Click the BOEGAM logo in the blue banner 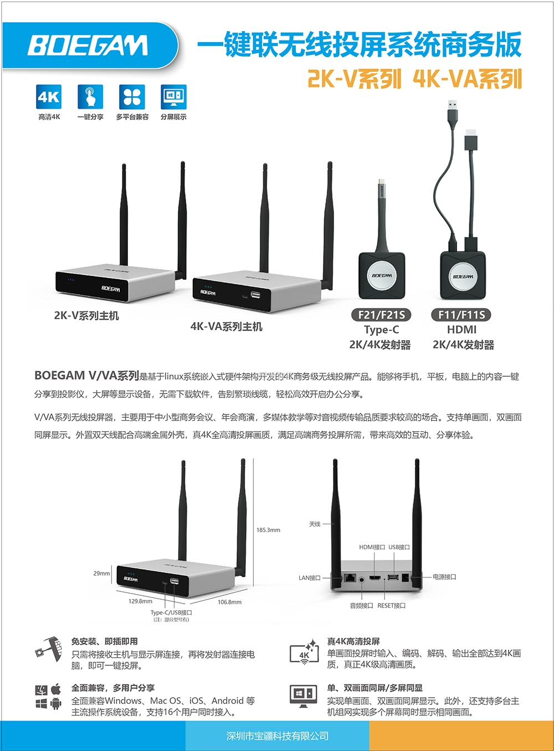[88, 45]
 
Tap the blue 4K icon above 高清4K [49, 97]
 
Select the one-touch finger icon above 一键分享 [90, 97]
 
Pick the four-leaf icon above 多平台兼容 [132, 97]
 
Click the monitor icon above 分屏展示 [173, 97]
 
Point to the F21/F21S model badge [381, 315]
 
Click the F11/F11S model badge [461, 315]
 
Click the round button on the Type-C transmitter [382, 276]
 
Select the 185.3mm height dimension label [268, 530]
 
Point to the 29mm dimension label [101, 573]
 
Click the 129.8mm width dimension [140, 601]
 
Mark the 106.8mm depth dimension [229, 602]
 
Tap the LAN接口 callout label [309, 578]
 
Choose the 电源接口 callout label [444, 576]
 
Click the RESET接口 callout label [392, 605]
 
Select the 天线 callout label [315, 524]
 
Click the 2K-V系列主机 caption [86, 315]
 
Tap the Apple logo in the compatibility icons [56, 689]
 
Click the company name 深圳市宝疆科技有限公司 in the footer [278, 736]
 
